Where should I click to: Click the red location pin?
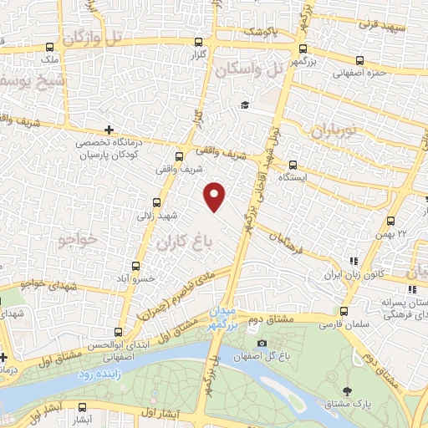pyautogui.click(x=215, y=196)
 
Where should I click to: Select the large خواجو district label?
pyautogui.click(x=79, y=241)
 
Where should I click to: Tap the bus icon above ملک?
pyautogui.click(x=50, y=48)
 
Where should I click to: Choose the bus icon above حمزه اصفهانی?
pyautogui.click(x=360, y=60)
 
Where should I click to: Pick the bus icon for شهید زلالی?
pyautogui.click(x=157, y=202)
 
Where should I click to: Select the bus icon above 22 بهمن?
pyautogui.click(x=390, y=221)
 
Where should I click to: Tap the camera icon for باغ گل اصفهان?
pyautogui.click(x=262, y=343)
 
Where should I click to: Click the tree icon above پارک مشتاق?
pyautogui.click(x=345, y=390)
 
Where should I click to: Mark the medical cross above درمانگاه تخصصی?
pyautogui.click(x=109, y=130)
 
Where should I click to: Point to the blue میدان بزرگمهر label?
pyautogui.click(x=225, y=313)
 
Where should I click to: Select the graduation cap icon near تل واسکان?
pyautogui.click(x=245, y=104)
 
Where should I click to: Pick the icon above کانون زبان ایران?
pyautogui.click(x=354, y=261)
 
